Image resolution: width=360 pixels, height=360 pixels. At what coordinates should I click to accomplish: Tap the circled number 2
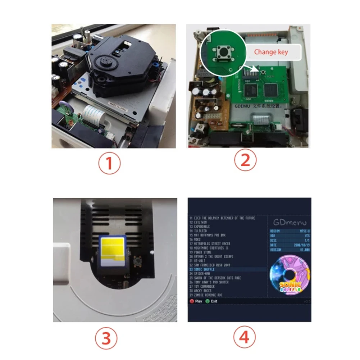245,160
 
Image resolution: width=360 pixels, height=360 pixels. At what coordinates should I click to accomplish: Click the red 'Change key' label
270,52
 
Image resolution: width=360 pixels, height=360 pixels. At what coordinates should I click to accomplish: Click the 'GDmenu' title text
289,222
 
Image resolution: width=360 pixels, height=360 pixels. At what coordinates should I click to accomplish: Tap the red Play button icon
192,301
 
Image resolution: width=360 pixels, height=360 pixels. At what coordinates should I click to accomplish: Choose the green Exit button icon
208,301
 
